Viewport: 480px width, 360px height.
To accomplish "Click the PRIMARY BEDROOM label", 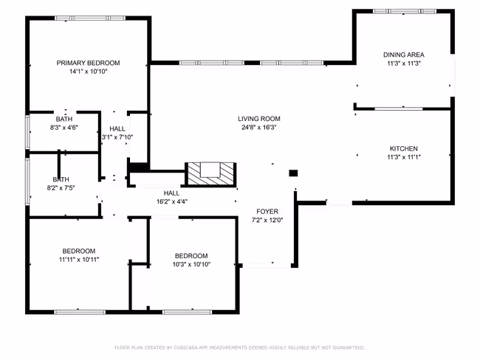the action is [x=88, y=63].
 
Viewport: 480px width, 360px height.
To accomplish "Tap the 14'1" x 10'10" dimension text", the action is [x=88, y=72].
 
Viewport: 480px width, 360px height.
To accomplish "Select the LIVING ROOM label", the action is [x=259, y=119].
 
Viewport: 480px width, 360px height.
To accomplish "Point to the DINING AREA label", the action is [x=404, y=55].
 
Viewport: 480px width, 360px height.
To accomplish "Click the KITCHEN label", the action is [x=404, y=149].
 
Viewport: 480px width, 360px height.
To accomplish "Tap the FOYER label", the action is [x=267, y=211].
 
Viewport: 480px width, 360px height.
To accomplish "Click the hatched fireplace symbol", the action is [x=210, y=174].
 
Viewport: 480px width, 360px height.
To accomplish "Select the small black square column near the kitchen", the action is [x=293, y=173].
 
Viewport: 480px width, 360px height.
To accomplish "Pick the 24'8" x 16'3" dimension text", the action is [x=259, y=127].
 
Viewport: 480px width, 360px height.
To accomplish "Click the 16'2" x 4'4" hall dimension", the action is [x=172, y=201].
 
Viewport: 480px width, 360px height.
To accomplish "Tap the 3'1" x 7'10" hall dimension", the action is [x=117, y=137].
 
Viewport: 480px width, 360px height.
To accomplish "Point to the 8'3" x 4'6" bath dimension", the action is [x=64, y=127].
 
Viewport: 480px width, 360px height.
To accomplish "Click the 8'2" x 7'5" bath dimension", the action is [x=61, y=188].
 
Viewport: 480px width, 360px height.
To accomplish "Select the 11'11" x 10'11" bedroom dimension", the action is [x=79, y=260].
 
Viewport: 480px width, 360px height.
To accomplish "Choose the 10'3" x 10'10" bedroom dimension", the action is [x=191, y=264].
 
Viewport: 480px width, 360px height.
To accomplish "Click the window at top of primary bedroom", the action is [x=90, y=18].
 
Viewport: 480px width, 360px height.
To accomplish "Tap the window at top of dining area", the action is [x=405, y=11].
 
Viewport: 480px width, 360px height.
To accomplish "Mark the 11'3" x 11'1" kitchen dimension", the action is [x=404, y=157].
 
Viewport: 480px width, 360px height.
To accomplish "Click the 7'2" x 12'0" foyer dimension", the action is [x=267, y=220].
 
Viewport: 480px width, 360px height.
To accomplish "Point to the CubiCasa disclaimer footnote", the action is [x=240, y=347].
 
